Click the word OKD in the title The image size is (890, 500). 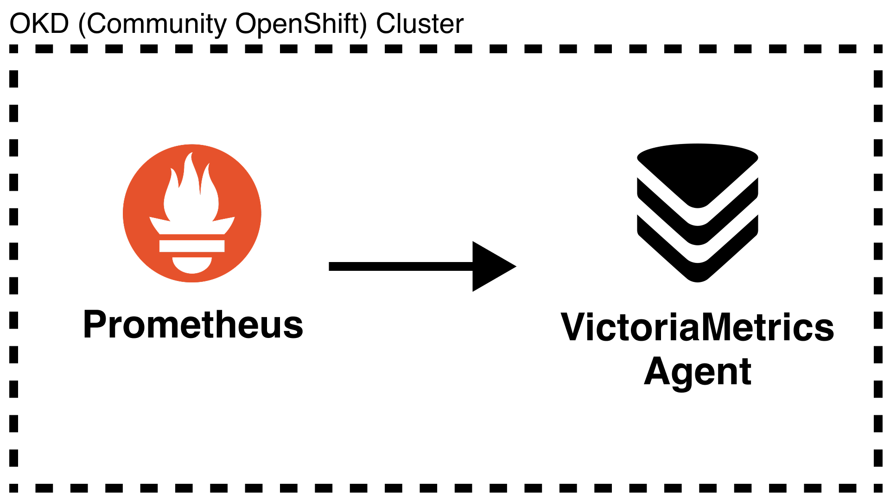[39, 24]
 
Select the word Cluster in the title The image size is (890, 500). [420, 24]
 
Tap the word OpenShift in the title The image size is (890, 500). [301, 24]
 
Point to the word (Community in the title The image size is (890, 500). [152, 24]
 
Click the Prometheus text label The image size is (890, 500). [193, 325]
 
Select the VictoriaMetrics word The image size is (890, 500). [697, 328]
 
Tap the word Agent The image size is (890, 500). [697, 372]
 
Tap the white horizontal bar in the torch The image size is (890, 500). [192, 245]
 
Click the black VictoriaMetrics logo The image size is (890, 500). [697, 213]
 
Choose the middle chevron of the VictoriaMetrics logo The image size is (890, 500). [697, 235]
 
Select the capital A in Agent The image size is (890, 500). [659, 371]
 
